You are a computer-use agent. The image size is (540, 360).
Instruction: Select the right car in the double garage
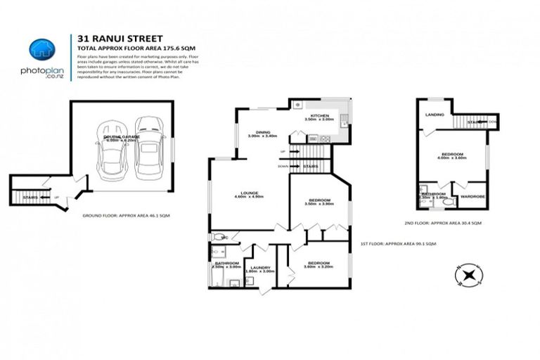coord(148,147)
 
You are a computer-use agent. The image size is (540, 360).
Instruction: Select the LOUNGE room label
coord(249,193)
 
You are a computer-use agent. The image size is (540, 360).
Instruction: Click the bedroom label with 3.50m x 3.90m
coord(319,201)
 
